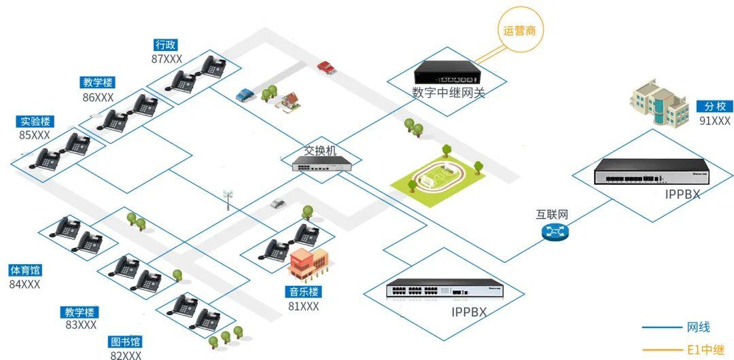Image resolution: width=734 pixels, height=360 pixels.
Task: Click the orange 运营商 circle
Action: pyautogui.click(x=520, y=30)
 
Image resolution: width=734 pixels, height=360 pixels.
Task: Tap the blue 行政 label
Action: pyautogui.click(x=166, y=45)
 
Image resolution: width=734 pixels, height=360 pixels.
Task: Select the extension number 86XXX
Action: pyautogui.click(x=99, y=97)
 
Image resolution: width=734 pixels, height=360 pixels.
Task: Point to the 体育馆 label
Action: pyautogui.click(x=24, y=270)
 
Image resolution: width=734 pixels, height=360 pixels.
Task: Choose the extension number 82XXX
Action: pyautogui.click(x=126, y=355)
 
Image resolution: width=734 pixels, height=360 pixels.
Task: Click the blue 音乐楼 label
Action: pyautogui.click(x=303, y=292)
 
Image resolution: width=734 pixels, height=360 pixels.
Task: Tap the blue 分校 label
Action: pyautogui.click(x=714, y=107)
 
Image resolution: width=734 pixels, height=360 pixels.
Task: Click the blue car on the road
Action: pyautogui.click(x=245, y=94)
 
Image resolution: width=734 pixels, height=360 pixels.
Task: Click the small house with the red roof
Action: pyautogui.click(x=288, y=102)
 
